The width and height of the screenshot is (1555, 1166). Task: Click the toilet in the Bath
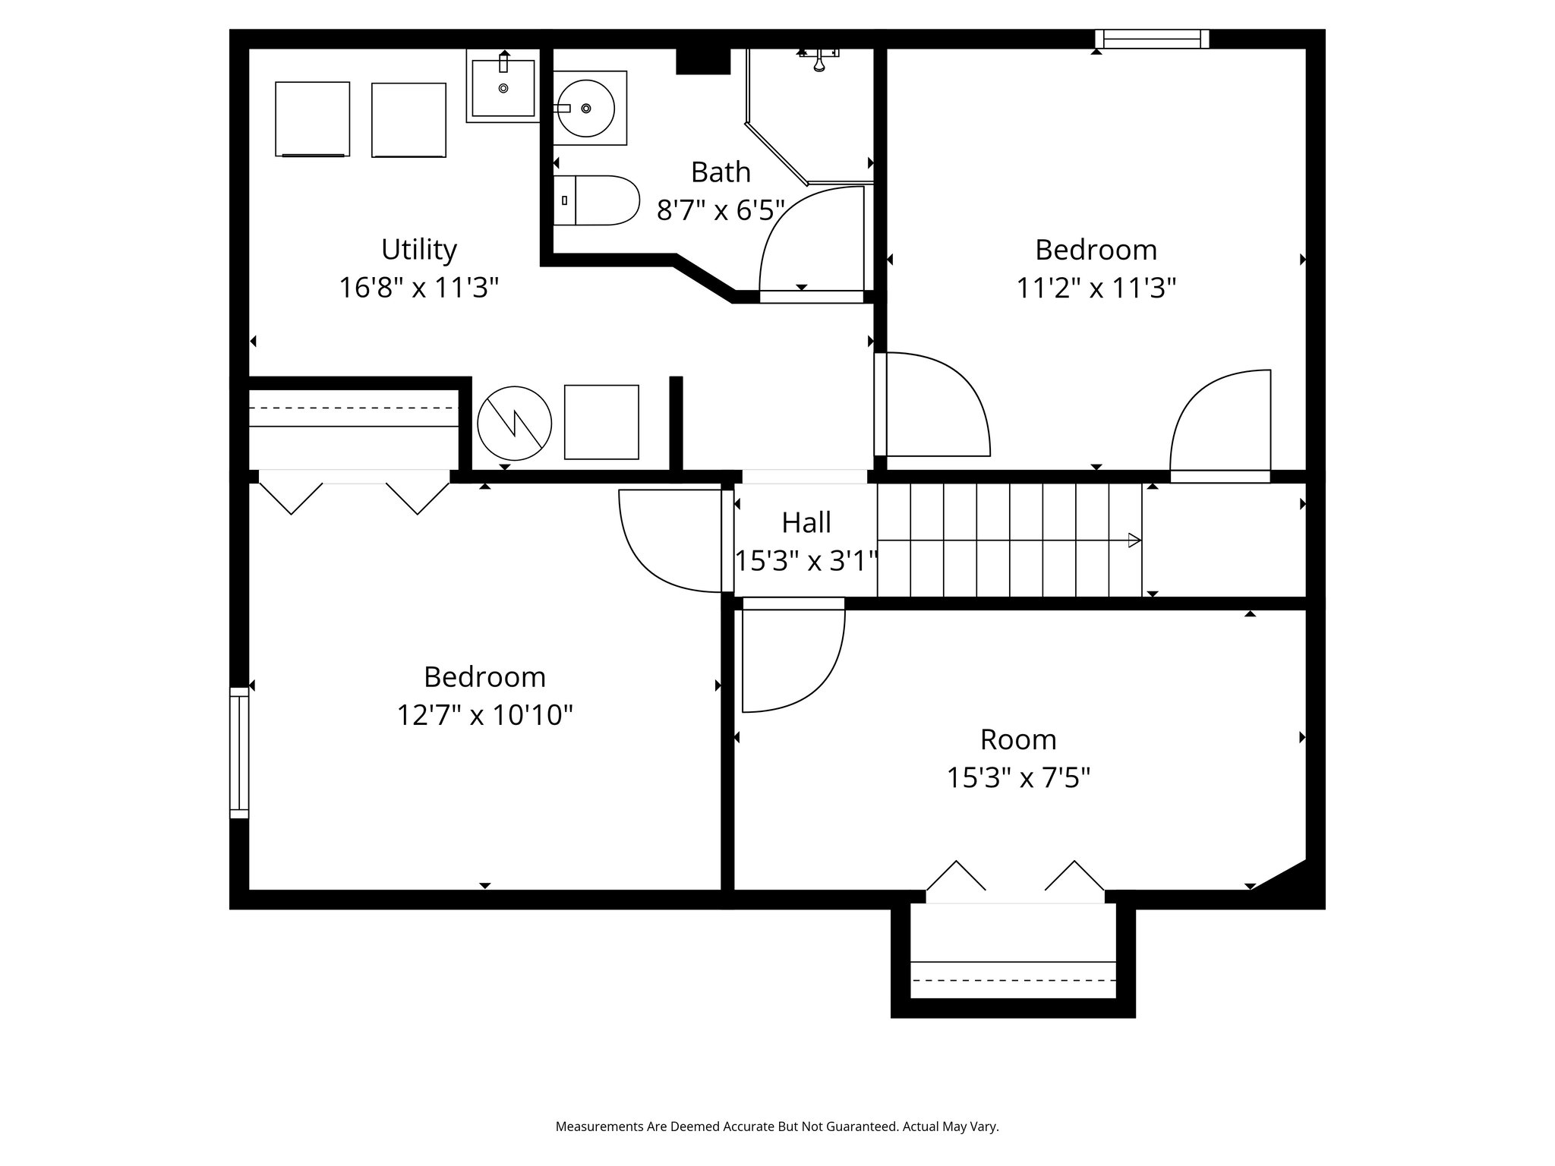(x=597, y=200)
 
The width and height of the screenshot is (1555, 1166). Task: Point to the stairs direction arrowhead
(x=1134, y=540)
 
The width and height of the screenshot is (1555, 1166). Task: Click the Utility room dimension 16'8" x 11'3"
(x=418, y=288)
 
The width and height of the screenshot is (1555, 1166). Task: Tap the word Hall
(x=806, y=523)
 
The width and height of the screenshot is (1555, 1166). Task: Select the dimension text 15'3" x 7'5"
(x=1017, y=778)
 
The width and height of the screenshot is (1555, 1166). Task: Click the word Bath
(x=720, y=172)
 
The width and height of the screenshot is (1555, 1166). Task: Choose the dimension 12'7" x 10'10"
(x=484, y=715)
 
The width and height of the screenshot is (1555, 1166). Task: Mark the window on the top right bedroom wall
(x=1152, y=39)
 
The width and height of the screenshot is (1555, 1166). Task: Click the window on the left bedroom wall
(x=239, y=752)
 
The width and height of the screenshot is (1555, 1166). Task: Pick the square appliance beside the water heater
(x=601, y=422)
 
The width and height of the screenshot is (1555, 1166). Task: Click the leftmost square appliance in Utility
(x=312, y=119)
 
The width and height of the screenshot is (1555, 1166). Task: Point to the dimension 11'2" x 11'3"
(x=1096, y=288)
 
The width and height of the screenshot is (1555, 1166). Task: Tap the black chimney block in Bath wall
(x=702, y=61)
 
